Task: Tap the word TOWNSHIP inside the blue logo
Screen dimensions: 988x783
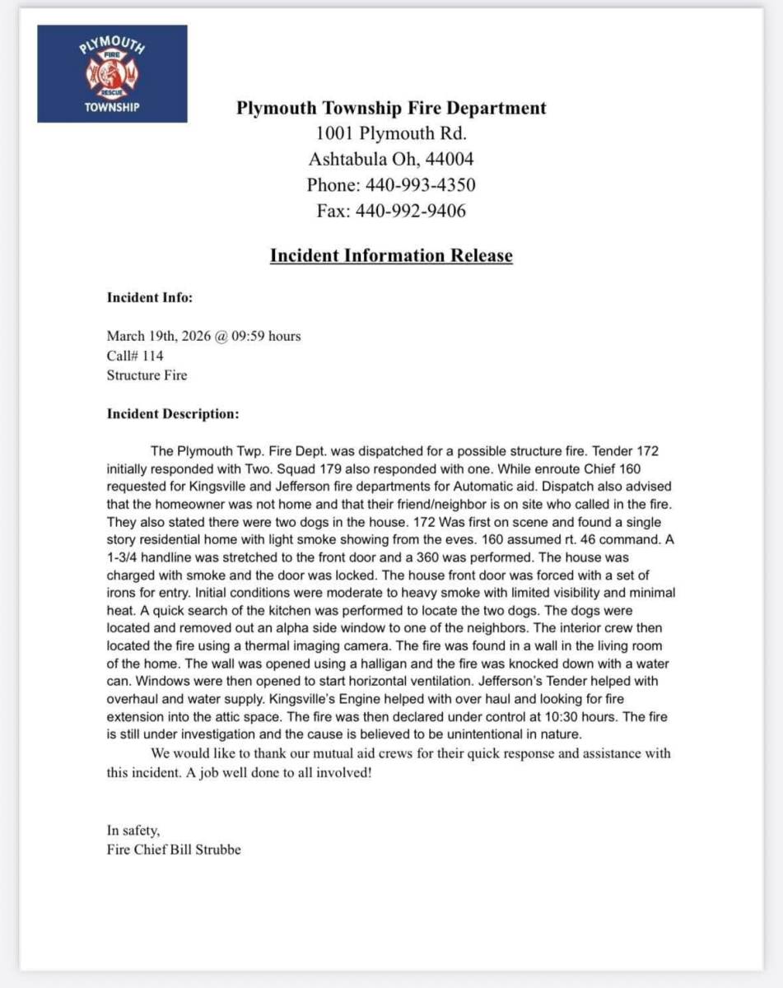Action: pos(112,107)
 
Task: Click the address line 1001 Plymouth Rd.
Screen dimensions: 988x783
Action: pos(391,133)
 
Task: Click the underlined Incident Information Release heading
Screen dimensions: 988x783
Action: pos(391,255)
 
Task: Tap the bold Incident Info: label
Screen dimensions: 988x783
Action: pos(150,298)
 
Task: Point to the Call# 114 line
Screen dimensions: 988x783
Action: pos(135,356)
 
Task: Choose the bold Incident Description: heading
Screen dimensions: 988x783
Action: pos(173,413)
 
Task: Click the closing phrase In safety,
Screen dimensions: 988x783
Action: pos(133,830)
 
